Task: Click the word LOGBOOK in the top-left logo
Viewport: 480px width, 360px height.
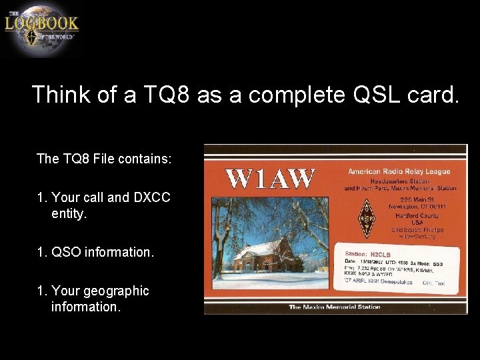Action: point(41,23)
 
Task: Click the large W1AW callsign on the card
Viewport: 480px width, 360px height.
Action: point(269,178)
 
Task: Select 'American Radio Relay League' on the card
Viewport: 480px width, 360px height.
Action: point(399,171)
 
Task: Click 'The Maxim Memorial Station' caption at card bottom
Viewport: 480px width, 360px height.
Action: point(334,307)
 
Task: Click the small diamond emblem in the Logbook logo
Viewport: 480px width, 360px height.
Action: point(31,37)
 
